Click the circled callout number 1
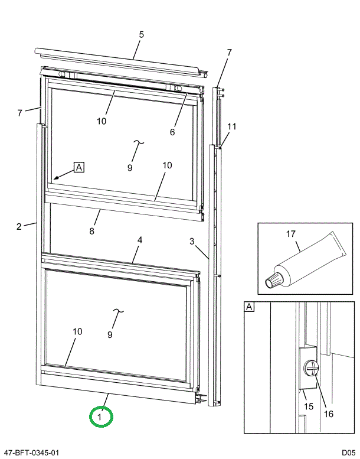100,417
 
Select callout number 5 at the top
141,35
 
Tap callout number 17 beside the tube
290,235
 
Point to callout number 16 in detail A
329,414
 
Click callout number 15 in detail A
308,406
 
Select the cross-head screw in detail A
311,370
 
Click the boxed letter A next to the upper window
79,167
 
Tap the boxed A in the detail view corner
249,307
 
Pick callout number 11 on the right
231,126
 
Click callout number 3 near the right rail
192,241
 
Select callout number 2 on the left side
19,226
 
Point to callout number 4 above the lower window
140,240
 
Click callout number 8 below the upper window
91,231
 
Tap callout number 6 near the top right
172,132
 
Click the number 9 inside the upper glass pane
129,168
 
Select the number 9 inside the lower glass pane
110,335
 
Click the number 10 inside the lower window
77,331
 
